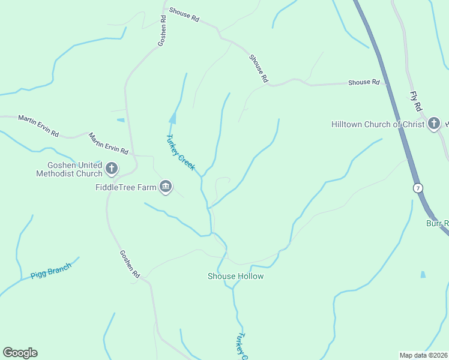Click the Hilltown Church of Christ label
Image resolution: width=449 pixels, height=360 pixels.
click(378, 125)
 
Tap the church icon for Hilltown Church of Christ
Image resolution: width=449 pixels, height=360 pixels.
click(434, 125)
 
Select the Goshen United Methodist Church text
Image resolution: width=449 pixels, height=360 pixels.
click(69, 170)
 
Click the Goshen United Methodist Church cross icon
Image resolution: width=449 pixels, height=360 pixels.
click(112, 169)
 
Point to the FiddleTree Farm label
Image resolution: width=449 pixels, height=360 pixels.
click(125, 187)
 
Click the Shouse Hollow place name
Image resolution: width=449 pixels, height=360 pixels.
click(235, 276)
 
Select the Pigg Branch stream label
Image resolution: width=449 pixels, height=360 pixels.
click(51, 271)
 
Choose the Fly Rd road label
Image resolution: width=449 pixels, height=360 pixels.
click(415, 101)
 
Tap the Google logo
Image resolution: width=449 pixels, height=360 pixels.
click(20, 353)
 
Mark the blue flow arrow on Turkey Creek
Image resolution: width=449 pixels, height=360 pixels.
click(173, 118)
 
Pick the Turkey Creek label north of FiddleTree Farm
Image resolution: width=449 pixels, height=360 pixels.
click(180, 152)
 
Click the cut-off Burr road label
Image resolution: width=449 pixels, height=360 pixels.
click(438, 223)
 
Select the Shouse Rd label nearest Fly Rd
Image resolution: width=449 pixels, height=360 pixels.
click(364, 82)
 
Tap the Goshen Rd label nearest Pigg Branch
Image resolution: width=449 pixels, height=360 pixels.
click(129, 264)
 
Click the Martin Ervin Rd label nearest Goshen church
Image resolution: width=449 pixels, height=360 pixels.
click(109, 143)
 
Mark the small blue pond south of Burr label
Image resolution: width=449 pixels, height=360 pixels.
click(423, 275)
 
